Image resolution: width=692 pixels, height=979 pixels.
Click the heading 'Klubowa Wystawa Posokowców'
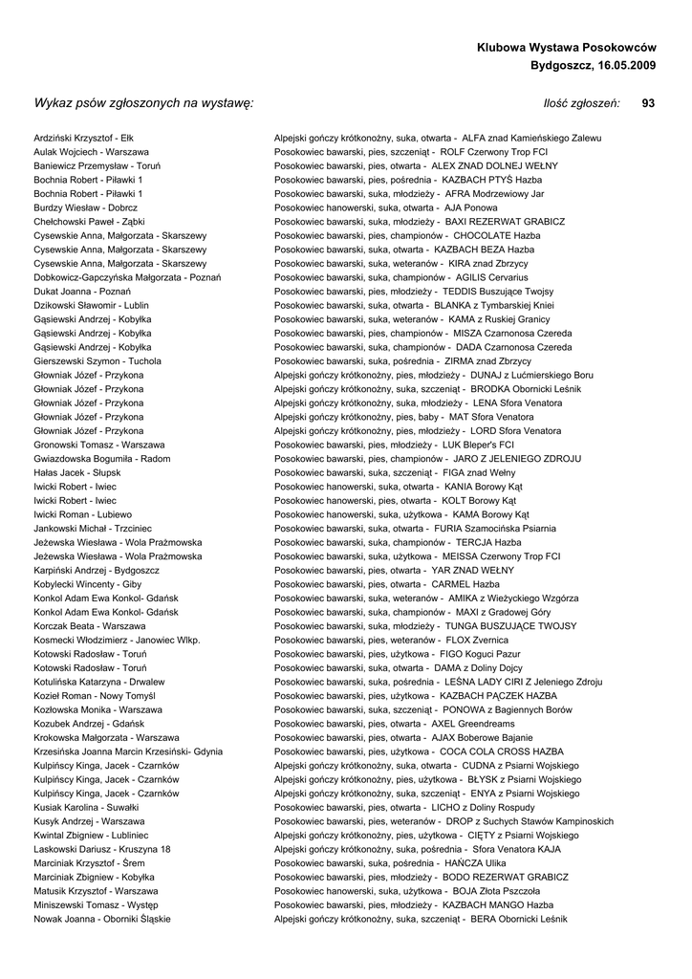pyautogui.click(x=566, y=47)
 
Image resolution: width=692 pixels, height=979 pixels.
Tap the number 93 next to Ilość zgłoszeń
pyautogui.click(x=648, y=103)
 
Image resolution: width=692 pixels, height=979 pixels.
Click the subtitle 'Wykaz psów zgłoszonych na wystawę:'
pyautogui.click(x=143, y=103)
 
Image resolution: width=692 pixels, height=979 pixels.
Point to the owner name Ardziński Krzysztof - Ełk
pyautogui.click(x=84, y=138)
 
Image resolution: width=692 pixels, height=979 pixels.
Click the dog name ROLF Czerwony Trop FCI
pyautogui.click(x=493, y=152)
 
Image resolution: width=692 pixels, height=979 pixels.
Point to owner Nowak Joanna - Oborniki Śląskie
pyautogui.click(x=102, y=919)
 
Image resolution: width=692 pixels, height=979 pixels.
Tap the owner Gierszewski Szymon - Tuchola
pyautogui.click(x=97, y=361)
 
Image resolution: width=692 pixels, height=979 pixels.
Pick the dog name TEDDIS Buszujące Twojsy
pyautogui.click(x=497, y=292)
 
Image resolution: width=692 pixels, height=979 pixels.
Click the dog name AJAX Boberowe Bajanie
pyautogui.click(x=482, y=738)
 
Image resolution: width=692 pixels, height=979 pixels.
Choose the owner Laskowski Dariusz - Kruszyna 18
pyautogui.click(x=102, y=849)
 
